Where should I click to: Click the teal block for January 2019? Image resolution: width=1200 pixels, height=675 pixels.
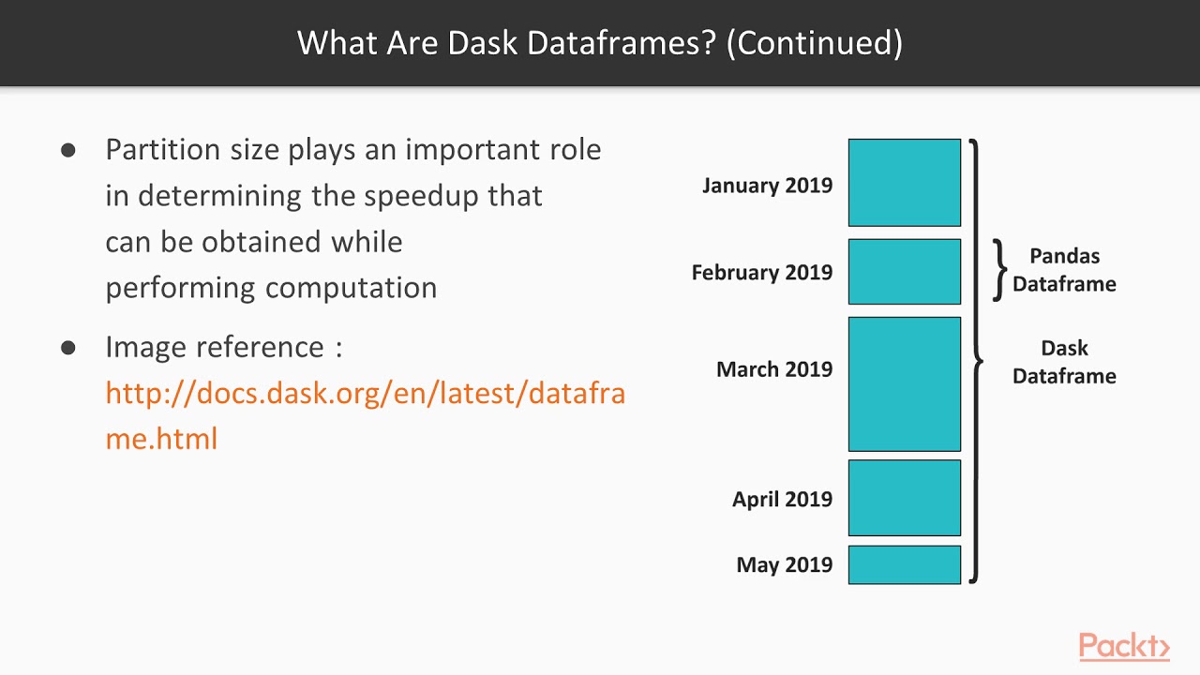point(904,183)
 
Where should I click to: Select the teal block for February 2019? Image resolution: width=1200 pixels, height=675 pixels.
point(904,272)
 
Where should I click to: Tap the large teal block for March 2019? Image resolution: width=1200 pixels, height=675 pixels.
point(904,383)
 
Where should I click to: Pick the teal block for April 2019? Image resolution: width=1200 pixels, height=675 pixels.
point(904,498)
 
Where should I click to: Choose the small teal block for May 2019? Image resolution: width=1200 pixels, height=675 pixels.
point(904,564)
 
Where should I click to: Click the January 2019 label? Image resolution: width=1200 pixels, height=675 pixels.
point(767,186)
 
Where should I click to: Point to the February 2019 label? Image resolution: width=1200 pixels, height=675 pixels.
point(761,273)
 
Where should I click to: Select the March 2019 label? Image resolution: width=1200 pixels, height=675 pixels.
point(773,369)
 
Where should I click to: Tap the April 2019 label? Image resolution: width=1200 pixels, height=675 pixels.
point(782,500)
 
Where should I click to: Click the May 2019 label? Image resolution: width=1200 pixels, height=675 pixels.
point(784,565)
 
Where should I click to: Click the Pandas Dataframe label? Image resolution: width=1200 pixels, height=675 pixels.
point(1064,270)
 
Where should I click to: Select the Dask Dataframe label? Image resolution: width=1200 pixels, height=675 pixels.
point(1064,362)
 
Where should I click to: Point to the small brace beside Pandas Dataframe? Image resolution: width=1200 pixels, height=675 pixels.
point(999,270)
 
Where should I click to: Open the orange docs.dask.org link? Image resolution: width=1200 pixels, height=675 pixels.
point(365,393)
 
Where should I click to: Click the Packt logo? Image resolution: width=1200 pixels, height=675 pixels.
point(1123,647)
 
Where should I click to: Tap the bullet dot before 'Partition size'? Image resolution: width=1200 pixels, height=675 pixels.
point(67,150)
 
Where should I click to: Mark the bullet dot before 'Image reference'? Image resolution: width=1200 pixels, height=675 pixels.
point(67,348)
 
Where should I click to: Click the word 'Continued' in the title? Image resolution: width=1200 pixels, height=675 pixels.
point(814,43)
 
